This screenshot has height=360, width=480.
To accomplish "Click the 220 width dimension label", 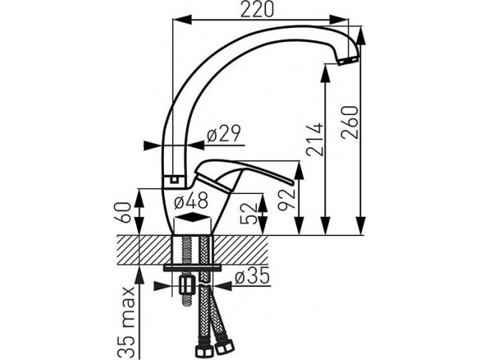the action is pyautogui.click(x=256, y=10).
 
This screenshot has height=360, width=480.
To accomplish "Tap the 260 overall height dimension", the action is pyautogui.click(x=350, y=122).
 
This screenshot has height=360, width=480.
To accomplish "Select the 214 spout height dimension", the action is pyautogui.click(x=315, y=139).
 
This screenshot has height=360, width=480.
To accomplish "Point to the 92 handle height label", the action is pyautogui.click(x=287, y=200).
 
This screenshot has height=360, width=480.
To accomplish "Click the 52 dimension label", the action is pyautogui.click(x=251, y=213).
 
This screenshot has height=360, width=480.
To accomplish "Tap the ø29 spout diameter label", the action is pyautogui.click(x=224, y=134).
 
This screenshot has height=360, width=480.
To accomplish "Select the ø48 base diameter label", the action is pyautogui.click(x=191, y=201).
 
